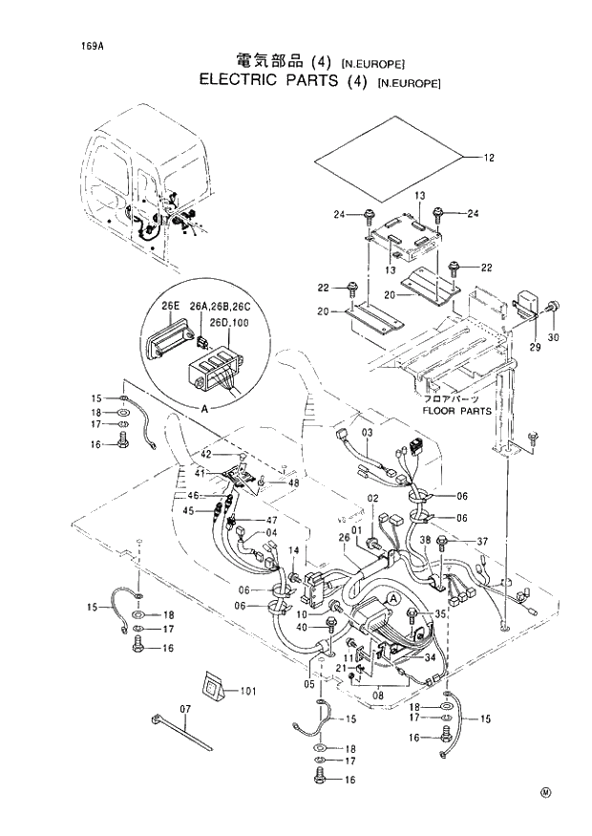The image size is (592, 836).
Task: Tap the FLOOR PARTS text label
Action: coord(457,411)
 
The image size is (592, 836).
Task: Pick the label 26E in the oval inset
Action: coord(171,306)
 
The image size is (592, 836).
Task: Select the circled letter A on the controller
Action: coord(392,597)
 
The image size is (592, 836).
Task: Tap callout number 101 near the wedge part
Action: coord(248,690)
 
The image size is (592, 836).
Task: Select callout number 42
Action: coord(205,455)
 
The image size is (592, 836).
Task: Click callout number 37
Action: coord(482,542)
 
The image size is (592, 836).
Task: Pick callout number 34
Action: coord(430,656)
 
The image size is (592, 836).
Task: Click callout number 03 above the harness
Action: coord(366,435)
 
